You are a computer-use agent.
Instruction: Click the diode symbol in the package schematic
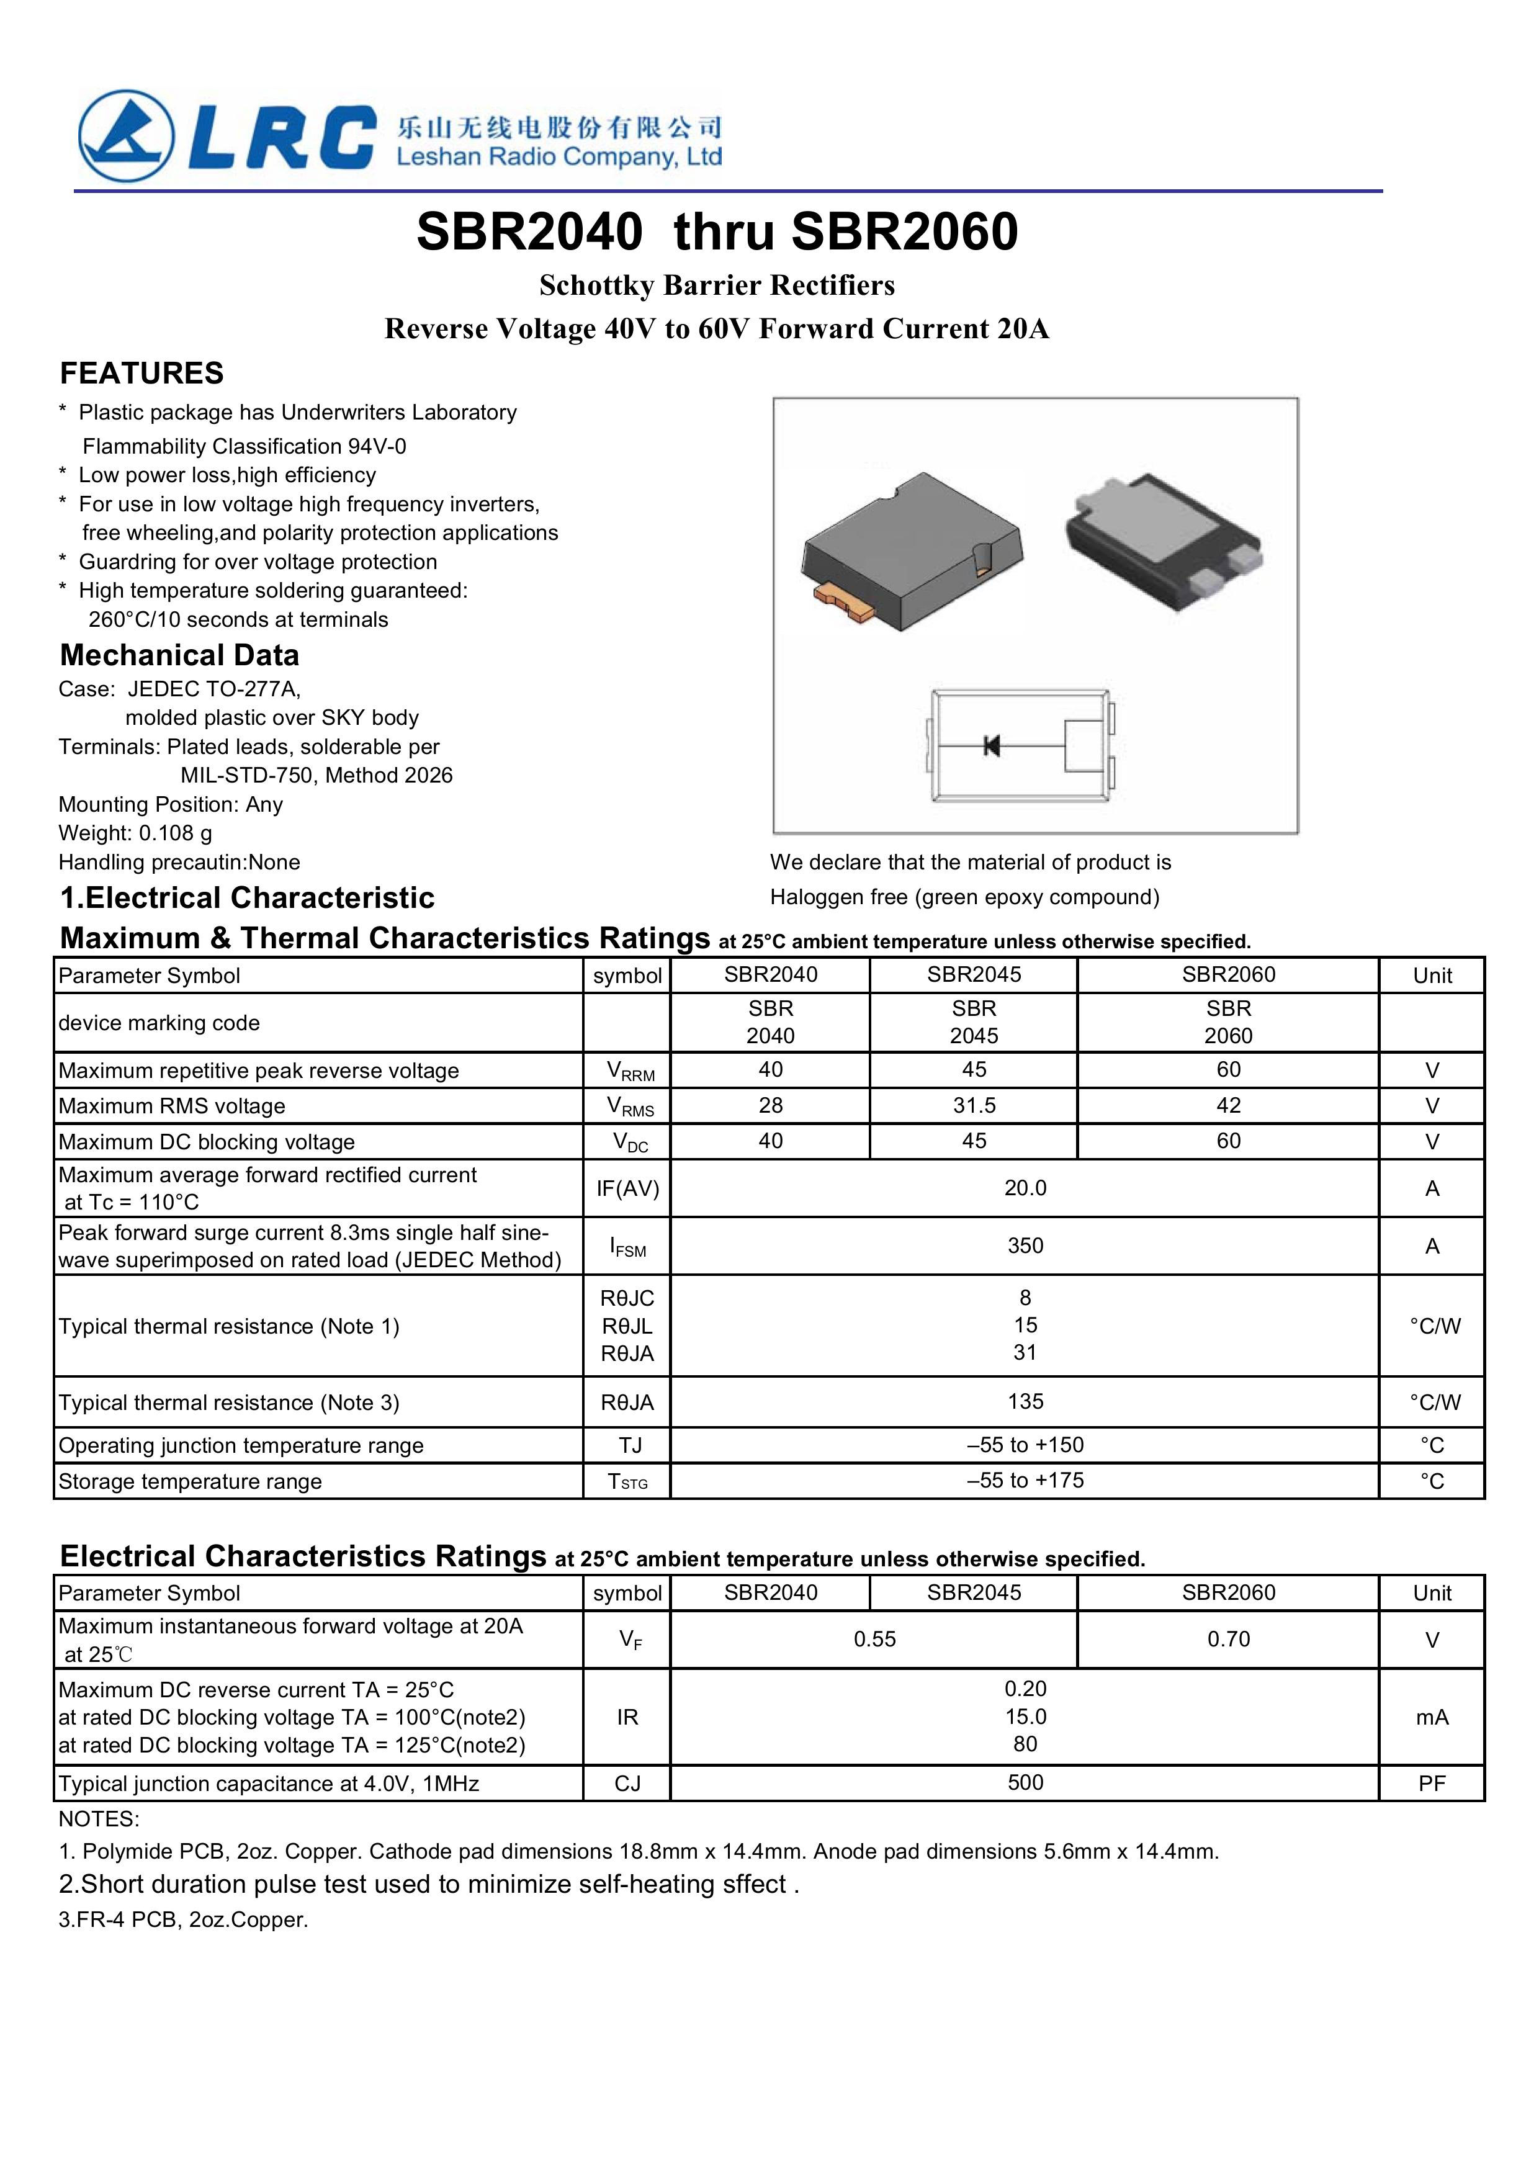point(992,745)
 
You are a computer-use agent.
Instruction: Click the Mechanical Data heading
point(179,655)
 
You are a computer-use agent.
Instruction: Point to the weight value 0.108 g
point(176,833)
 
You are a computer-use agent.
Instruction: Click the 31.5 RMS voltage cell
point(974,1106)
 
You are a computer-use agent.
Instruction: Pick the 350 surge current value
point(1025,1246)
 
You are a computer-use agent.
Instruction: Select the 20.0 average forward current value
point(1025,1188)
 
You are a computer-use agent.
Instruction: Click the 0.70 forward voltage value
point(1228,1640)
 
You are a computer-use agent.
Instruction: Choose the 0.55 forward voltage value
point(874,1640)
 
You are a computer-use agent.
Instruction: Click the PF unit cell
point(1432,1784)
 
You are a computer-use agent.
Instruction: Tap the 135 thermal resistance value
point(1025,1401)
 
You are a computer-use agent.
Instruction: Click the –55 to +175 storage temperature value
point(1025,1480)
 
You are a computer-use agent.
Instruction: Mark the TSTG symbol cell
point(628,1482)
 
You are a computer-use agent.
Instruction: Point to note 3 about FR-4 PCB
point(183,1920)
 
